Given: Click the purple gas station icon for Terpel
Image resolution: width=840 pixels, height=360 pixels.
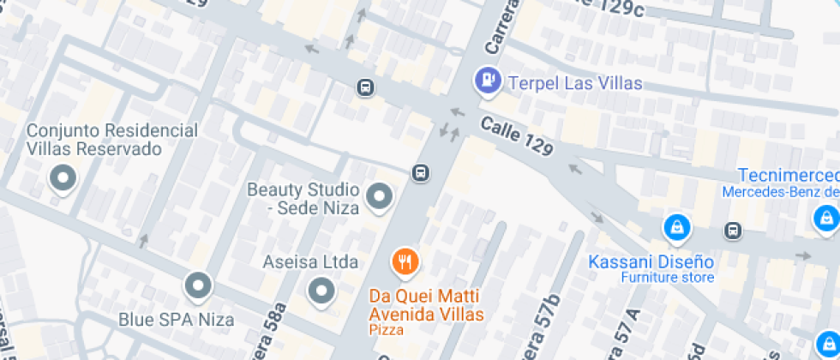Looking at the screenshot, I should (488, 81).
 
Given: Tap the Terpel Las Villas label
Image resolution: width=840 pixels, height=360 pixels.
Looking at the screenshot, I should (575, 84).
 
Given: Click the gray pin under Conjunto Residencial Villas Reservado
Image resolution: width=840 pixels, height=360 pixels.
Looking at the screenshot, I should (62, 179).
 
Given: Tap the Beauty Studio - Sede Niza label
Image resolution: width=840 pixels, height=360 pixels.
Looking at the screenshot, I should (300, 197).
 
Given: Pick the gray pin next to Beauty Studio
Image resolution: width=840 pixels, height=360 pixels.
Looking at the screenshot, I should (379, 197).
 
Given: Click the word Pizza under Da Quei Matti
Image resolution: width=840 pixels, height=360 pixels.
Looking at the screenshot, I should (387, 329).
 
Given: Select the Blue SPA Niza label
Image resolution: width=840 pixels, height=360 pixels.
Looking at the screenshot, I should (176, 321).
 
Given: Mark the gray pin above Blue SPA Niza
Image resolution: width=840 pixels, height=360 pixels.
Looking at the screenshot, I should (198, 285).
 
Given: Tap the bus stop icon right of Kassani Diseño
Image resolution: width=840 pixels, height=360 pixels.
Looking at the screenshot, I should (734, 230).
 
